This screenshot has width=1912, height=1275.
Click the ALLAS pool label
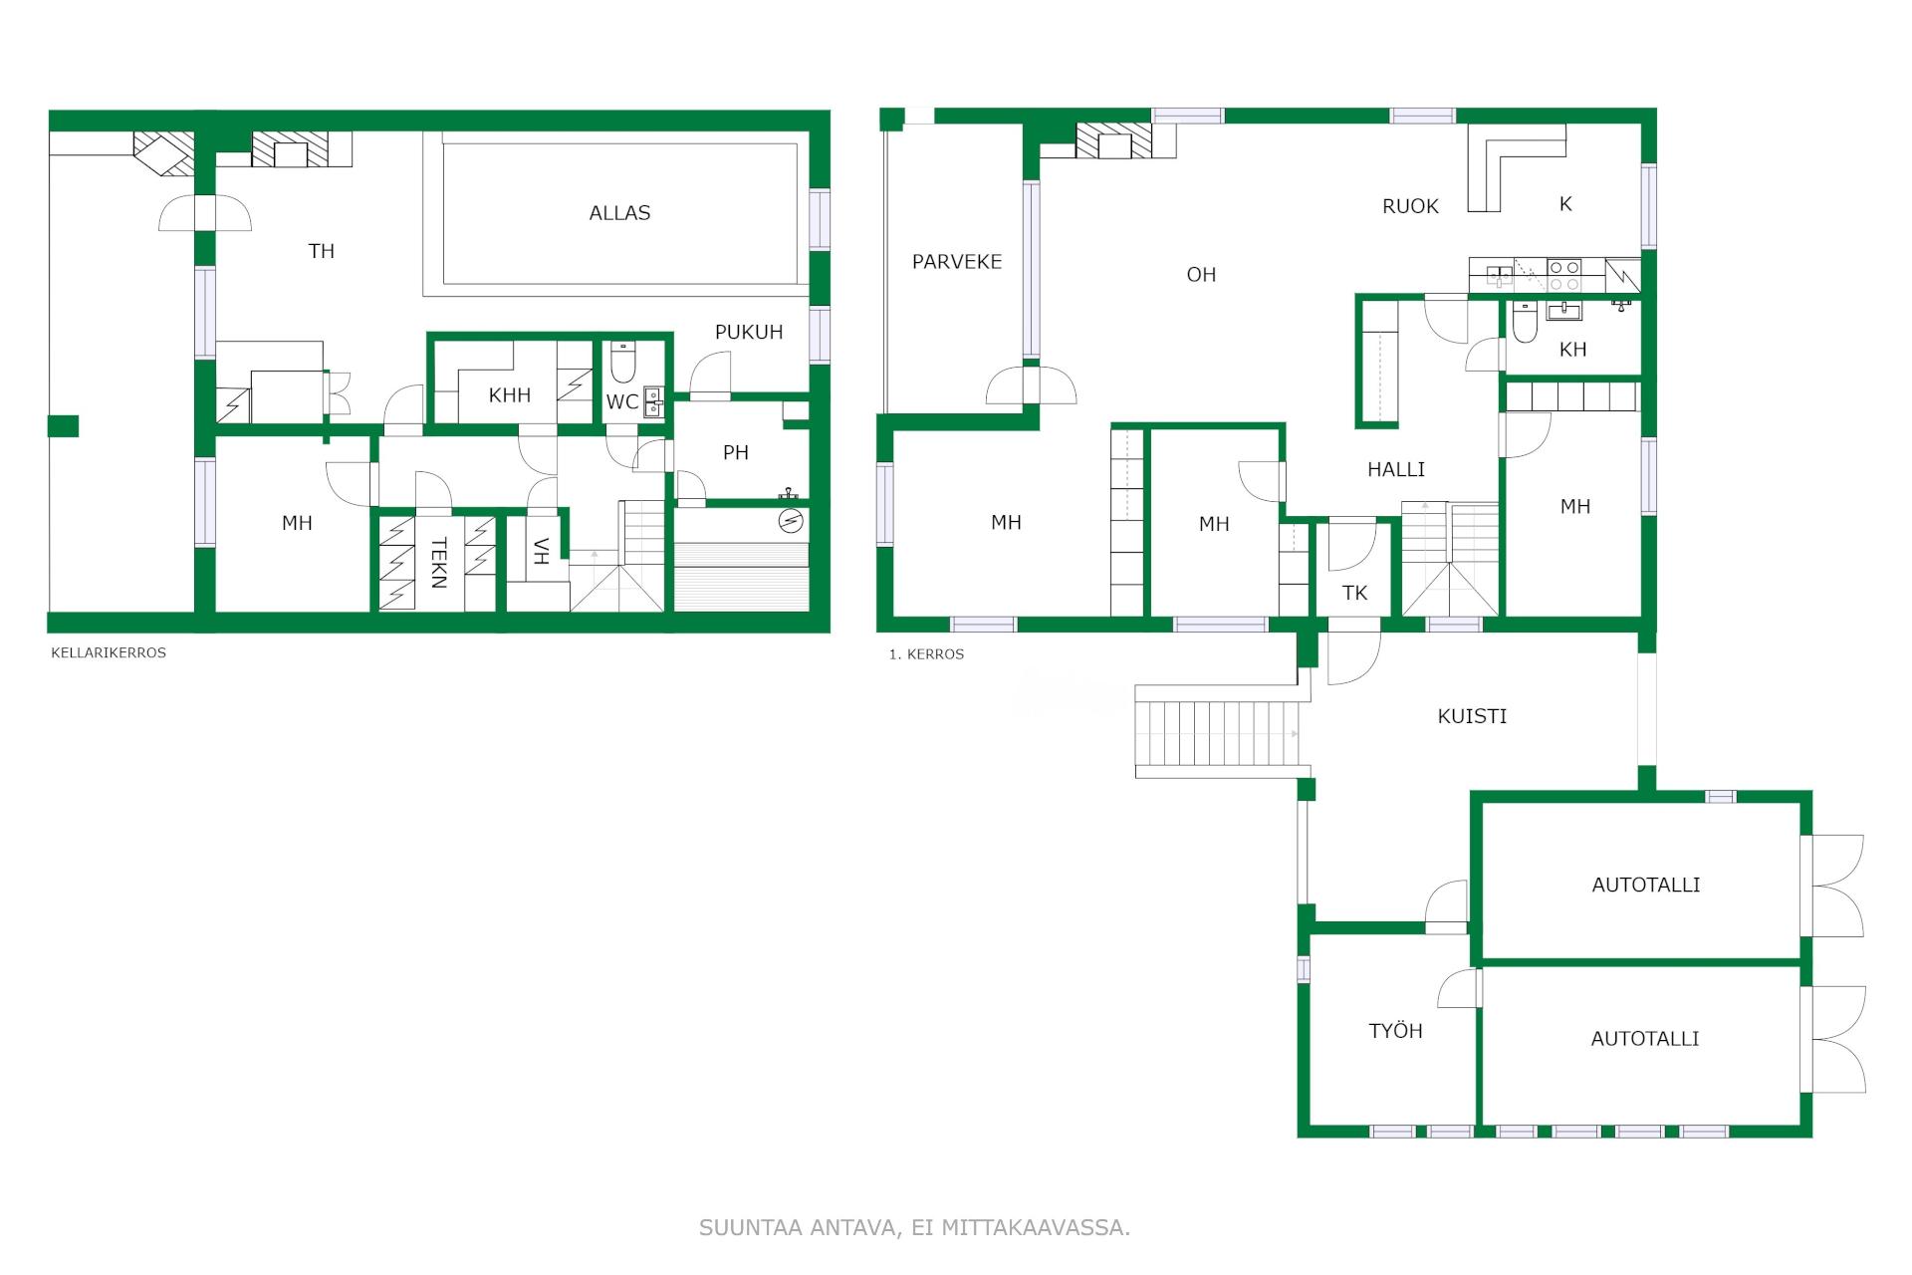point(619,213)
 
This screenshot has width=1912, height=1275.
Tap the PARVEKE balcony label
point(957,262)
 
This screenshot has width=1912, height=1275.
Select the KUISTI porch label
point(1472,716)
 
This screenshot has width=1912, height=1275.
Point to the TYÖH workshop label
point(1395,1031)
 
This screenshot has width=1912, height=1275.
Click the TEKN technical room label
point(439,563)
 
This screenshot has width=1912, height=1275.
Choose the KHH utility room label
point(510,395)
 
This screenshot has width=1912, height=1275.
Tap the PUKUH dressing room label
point(749,333)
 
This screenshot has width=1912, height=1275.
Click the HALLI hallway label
point(1396,469)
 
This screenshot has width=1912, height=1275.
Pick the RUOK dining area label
point(1410,207)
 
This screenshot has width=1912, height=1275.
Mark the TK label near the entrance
point(1354,594)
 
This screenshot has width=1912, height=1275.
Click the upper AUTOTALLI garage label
point(1646,885)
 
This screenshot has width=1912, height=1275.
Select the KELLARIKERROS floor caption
point(109,653)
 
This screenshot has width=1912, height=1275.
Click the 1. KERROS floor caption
point(926,654)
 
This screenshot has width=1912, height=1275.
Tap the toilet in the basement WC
point(623,364)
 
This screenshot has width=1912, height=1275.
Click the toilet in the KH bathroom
point(1524,324)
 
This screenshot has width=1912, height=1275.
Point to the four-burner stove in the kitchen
point(1563,275)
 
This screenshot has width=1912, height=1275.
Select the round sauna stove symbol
point(792,521)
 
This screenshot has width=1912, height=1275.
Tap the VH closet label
point(541,551)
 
